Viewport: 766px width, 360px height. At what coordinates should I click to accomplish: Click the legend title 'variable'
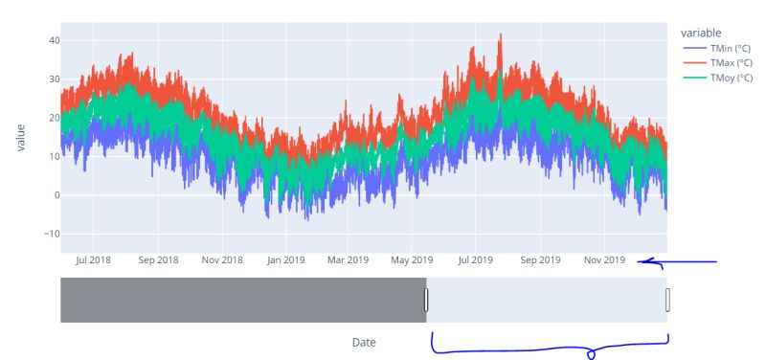[x=701, y=32]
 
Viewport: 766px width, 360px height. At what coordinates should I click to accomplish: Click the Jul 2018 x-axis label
[x=93, y=259]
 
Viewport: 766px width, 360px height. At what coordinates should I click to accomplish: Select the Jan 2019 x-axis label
[x=285, y=259]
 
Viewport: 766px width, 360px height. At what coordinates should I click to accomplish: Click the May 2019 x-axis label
[x=413, y=259]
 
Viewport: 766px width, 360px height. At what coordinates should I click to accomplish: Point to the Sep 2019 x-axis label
[x=540, y=259]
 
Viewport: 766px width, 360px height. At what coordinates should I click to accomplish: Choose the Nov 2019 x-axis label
[x=604, y=259]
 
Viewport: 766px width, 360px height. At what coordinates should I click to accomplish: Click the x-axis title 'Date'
[x=364, y=342]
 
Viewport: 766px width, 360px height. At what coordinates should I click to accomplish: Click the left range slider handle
[x=426, y=301]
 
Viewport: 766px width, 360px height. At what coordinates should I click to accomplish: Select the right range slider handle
[x=667, y=301]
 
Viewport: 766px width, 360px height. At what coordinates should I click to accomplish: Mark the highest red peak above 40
[x=500, y=35]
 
